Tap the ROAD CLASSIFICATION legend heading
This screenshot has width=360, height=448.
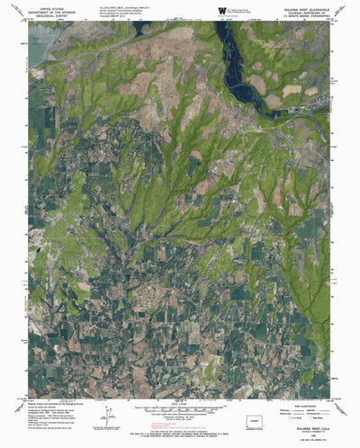click(300, 404)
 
